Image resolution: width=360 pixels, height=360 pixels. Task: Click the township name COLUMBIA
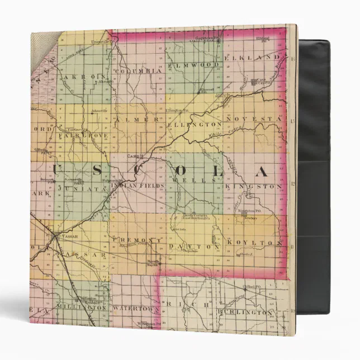(139, 71)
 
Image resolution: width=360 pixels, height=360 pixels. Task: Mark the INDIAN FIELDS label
(141, 184)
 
